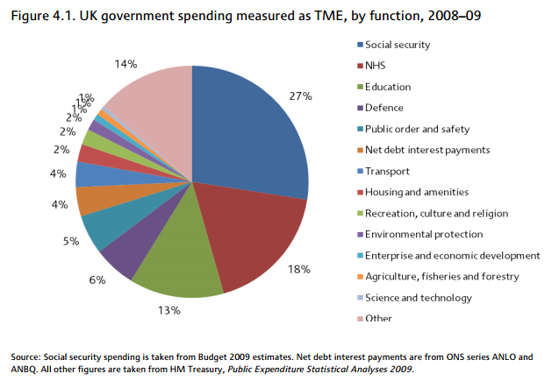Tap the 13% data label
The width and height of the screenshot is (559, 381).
169,310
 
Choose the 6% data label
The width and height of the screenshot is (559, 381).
97,279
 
